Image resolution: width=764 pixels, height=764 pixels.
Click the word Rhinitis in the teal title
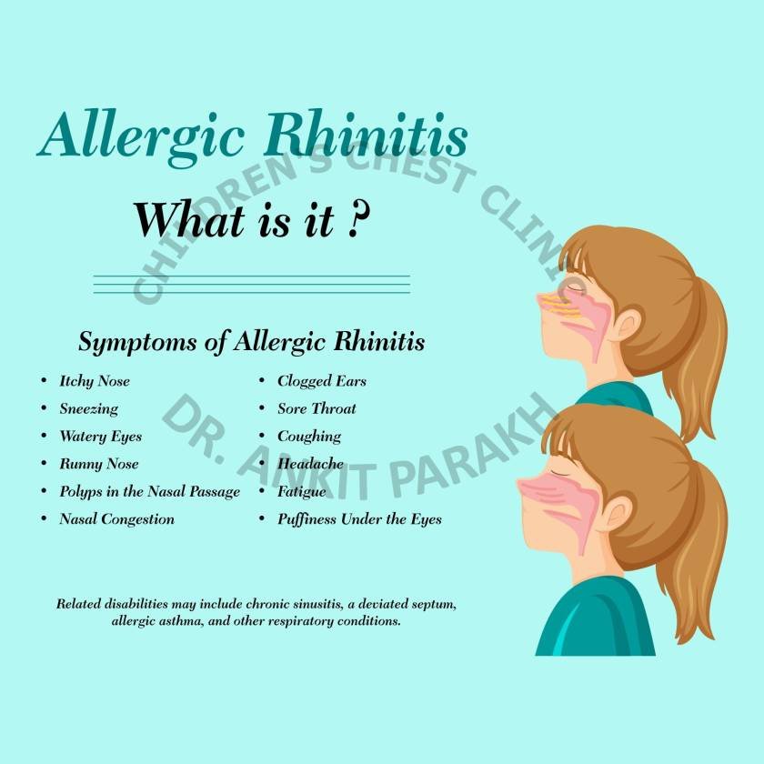tap(366, 136)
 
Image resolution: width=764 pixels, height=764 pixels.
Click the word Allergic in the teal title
tap(141, 136)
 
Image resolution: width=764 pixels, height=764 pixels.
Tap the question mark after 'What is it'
tap(357, 222)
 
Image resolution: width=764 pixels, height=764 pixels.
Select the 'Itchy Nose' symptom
tap(95, 381)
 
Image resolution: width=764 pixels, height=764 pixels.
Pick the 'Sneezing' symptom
tap(88, 408)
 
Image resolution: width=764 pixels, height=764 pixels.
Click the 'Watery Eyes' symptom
tap(100, 437)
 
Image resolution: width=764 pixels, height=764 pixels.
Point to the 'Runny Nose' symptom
tap(98, 464)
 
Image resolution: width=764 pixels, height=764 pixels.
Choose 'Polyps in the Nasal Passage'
tap(149, 491)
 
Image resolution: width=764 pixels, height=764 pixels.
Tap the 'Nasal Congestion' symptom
tap(116, 519)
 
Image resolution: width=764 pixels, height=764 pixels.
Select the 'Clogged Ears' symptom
tap(321, 381)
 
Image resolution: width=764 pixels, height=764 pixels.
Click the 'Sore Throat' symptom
tap(317, 408)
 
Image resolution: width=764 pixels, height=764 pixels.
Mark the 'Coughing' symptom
tap(309, 437)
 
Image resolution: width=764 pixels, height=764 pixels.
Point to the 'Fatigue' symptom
tap(301, 491)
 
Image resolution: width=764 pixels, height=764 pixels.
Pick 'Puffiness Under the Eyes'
tap(359, 519)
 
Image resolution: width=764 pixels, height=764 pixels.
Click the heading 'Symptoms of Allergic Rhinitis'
tap(251, 343)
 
